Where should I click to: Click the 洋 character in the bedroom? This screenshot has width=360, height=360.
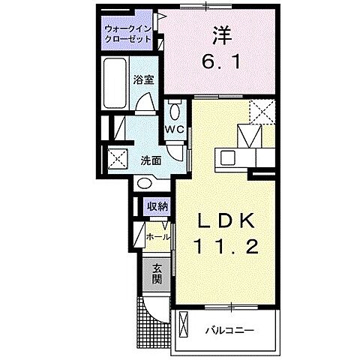click(220, 35)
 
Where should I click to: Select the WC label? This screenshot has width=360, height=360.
click(174, 129)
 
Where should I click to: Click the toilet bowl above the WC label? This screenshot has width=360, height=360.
click(174, 110)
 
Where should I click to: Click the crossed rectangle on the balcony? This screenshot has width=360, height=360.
click(183, 327)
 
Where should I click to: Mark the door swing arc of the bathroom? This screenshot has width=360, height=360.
click(150, 103)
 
